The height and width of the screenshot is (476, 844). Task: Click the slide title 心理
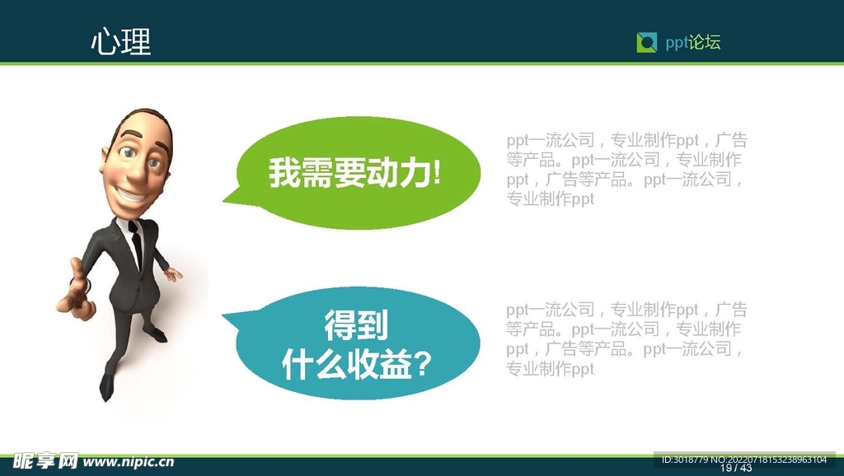[x=121, y=42]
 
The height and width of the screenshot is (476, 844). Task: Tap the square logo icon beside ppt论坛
[x=646, y=43]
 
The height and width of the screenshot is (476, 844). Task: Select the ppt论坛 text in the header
[x=692, y=43]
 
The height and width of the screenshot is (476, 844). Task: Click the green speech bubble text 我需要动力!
[x=354, y=173]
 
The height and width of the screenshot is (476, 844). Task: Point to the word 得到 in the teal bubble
[x=356, y=324]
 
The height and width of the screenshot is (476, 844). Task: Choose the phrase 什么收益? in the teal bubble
[x=356, y=365]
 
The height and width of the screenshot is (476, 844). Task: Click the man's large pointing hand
[x=77, y=295]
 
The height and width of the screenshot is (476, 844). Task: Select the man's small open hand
[x=173, y=274]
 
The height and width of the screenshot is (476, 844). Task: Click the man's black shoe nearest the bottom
[x=106, y=386]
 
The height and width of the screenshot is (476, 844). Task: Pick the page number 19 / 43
[x=736, y=468]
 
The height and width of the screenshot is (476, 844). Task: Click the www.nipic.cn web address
[x=129, y=461]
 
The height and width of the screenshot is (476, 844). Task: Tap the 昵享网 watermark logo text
[x=45, y=461]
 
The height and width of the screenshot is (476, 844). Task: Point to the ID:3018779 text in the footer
[x=685, y=460]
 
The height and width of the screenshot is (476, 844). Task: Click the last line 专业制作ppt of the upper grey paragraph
[x=550, y=199]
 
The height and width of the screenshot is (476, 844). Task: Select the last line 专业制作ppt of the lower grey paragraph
[x=550, y=369]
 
